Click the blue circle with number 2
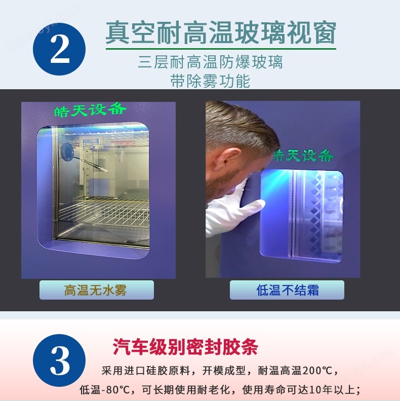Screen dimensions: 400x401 (x=59, y=49)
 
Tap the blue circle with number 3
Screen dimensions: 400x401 (x=59, y=360)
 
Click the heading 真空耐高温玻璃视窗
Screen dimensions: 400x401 (x=221, y=33)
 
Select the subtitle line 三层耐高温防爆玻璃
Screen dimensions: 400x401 (x=211, y=62)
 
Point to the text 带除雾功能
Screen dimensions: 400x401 (x=210, y=81)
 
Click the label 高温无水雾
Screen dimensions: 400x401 (x=96, y=290)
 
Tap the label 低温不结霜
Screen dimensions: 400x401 (x=288, y=290)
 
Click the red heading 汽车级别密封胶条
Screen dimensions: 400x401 (x=185, y=347)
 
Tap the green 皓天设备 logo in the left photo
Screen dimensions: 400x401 (x=90, y=110)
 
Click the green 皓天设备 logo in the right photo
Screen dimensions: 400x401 (x=303, y=156)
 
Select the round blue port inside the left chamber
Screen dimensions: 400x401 (x=67, y=152)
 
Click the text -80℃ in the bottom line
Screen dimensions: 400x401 (x=116, y=390)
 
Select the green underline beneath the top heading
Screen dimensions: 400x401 (x=221, y=48)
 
